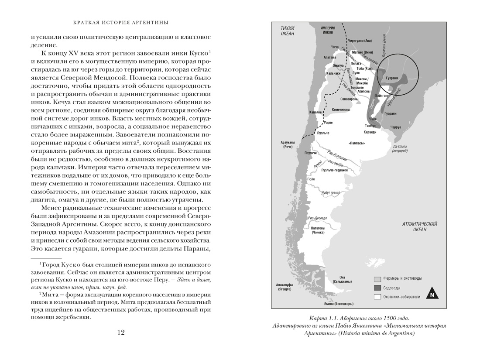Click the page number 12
click(x=121, y=333)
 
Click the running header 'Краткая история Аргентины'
click(x=121, y=22)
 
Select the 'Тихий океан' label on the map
click(x=287, y=31)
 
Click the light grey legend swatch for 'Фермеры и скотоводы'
click(x=377, y=278)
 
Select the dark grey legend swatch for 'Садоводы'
click(x=377, y=288)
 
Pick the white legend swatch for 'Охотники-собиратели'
click(x=377, y=297)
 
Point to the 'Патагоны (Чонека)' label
click(x=318, y=230)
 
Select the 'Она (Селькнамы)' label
click(x=342, y=279)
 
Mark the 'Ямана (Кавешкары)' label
click(x=338, y=303)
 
